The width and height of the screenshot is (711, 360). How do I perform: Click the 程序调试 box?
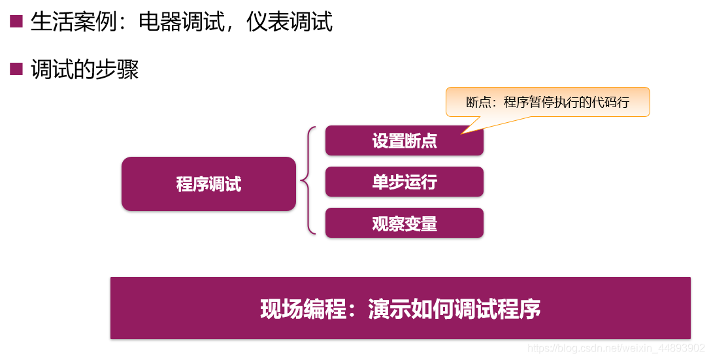(208, 184)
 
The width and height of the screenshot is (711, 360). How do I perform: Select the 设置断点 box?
(404, 140)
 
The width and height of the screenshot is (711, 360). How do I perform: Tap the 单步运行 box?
(404, 182)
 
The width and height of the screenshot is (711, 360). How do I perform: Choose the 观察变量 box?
(404, 223)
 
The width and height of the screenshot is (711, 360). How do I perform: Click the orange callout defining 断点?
(548, 102)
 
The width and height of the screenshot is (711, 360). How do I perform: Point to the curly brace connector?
(308, 181)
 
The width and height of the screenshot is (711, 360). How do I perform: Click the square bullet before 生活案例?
(16, 22)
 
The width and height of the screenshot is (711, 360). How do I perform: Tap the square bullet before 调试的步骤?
(16, 69)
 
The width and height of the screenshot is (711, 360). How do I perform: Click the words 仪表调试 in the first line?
(289, 22)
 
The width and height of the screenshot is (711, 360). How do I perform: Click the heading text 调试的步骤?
(85, 69)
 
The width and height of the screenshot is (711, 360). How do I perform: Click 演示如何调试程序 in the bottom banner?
(454, 308)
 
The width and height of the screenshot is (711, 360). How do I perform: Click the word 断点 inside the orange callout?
(476, 103)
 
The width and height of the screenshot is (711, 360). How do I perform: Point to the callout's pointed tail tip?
(462, 133)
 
